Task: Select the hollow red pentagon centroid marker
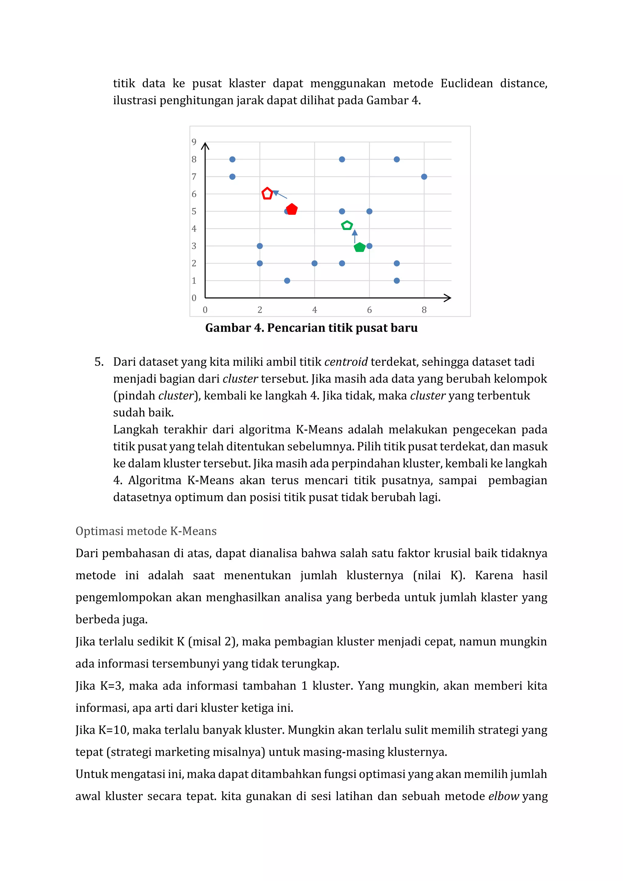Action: click(267, 193)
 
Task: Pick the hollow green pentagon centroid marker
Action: click(347, 226)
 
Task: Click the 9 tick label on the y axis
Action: click(194, 142)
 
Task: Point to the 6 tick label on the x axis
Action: click(369, 310)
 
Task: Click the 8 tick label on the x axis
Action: click(424, 310)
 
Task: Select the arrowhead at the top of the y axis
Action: click(205, 146)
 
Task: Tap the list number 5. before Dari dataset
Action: click(99, 362)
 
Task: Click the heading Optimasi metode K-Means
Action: click(146, 531)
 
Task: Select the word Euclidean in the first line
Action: click(466, 84)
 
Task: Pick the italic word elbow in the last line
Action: click(504, 796)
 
